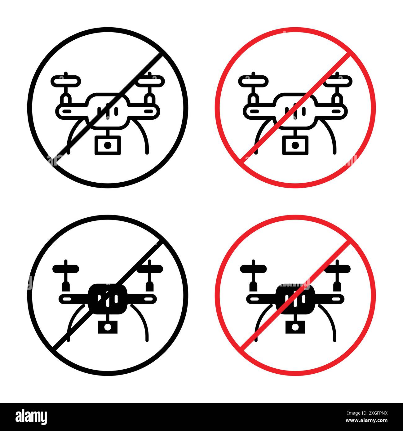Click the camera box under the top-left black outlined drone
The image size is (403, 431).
point(108,145)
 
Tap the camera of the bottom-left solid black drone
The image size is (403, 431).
point(108,327)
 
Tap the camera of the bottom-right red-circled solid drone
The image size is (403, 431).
point(295,327)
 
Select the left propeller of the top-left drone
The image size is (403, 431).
point(66,81)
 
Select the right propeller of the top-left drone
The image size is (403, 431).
point(151,81)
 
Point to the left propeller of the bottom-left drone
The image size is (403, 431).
point(66,269)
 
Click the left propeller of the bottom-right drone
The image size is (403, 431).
point(253,269)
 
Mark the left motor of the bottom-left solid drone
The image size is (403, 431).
point(65,285)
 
